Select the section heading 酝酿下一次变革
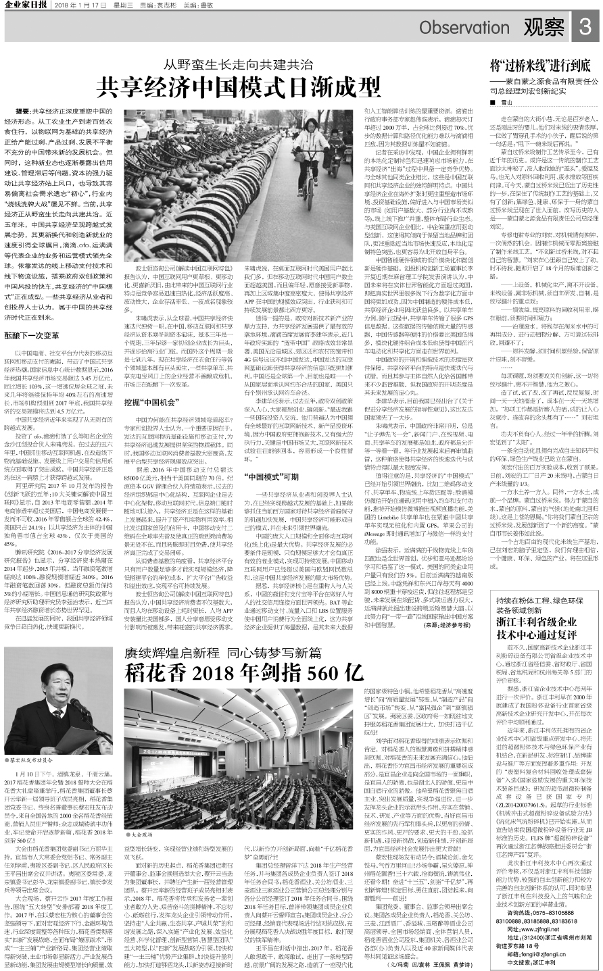click(x=41, y=335)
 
